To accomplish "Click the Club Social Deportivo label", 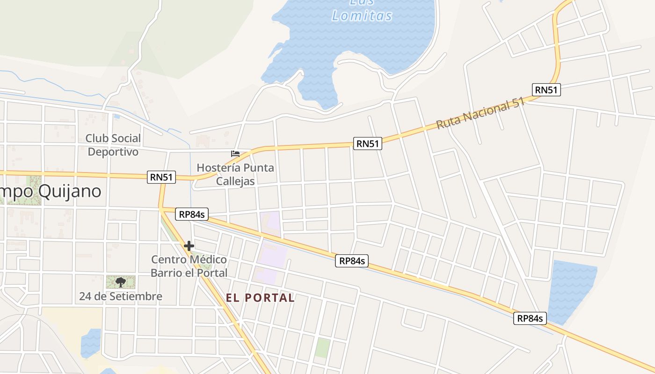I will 113,145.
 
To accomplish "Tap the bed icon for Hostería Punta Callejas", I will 235,153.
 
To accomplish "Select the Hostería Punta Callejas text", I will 235,174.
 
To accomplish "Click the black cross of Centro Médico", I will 189,246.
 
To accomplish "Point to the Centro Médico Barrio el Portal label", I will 189,266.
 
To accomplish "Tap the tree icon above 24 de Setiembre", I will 121,282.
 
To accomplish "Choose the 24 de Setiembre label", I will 121,296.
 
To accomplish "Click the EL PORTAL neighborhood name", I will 260,298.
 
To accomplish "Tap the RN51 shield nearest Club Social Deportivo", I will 161,177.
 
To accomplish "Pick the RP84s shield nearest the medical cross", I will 192,215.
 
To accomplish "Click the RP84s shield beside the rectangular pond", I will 530,318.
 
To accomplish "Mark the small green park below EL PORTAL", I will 322,348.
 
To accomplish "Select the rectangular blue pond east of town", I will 572,290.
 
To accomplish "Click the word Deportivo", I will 113,152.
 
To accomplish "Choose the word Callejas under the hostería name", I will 235,181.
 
